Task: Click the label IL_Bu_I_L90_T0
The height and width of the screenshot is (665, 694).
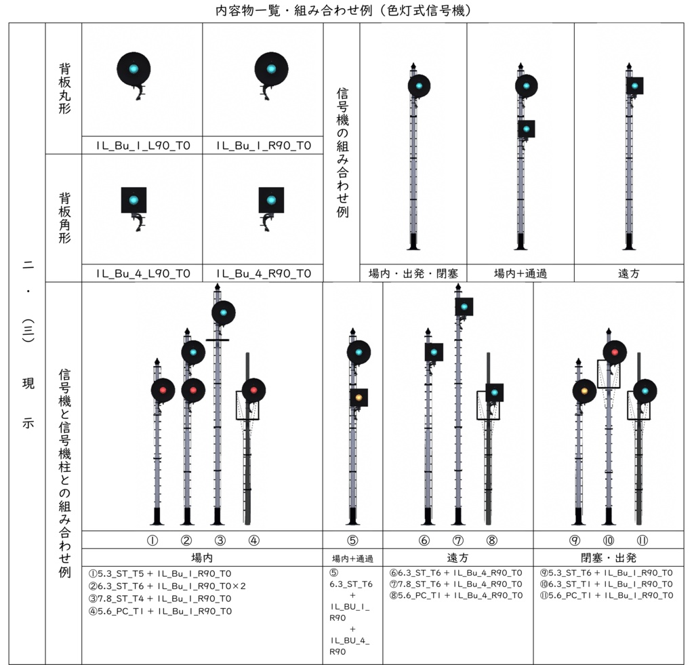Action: click(x=143, y=146)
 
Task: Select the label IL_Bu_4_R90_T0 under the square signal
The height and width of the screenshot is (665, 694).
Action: click(x=264, y=274)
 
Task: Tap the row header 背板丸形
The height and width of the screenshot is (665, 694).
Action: click(x=64, y=89)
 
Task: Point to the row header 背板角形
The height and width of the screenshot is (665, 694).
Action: click(x=64, y=218)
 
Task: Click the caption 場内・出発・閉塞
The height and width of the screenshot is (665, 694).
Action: click(x=413, y=274)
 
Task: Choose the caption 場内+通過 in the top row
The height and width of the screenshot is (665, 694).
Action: click(x=520, y=274)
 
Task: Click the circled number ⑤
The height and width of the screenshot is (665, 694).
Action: click(x=352, y=540)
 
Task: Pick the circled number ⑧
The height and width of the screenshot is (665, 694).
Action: click(x=492, y=540)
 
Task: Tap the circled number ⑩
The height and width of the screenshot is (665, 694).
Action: click(x=609, y=540)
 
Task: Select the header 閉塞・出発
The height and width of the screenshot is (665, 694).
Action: click(x=609, y=558)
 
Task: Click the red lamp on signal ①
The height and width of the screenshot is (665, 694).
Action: click(x=163, y=390)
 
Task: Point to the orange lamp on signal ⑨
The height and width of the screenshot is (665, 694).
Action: click(x=584, y=391)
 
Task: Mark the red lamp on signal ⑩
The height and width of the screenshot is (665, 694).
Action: click(x=615, y=352)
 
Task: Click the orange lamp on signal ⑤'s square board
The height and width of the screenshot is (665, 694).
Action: click(x=359, y=398)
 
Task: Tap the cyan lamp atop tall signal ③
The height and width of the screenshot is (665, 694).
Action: click(x=224, y=313)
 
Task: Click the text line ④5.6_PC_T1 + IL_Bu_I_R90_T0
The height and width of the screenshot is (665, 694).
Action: click(x=160, y=611)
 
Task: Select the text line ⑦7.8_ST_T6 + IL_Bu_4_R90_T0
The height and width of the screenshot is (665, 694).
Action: click(x=456, y=584)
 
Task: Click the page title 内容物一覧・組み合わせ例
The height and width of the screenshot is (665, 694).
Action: click(x=294, y=10)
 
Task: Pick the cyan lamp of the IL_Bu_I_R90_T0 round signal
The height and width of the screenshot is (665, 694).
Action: click(x=271, y=68)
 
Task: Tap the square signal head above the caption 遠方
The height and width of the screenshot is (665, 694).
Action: click(x=634, y=86)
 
